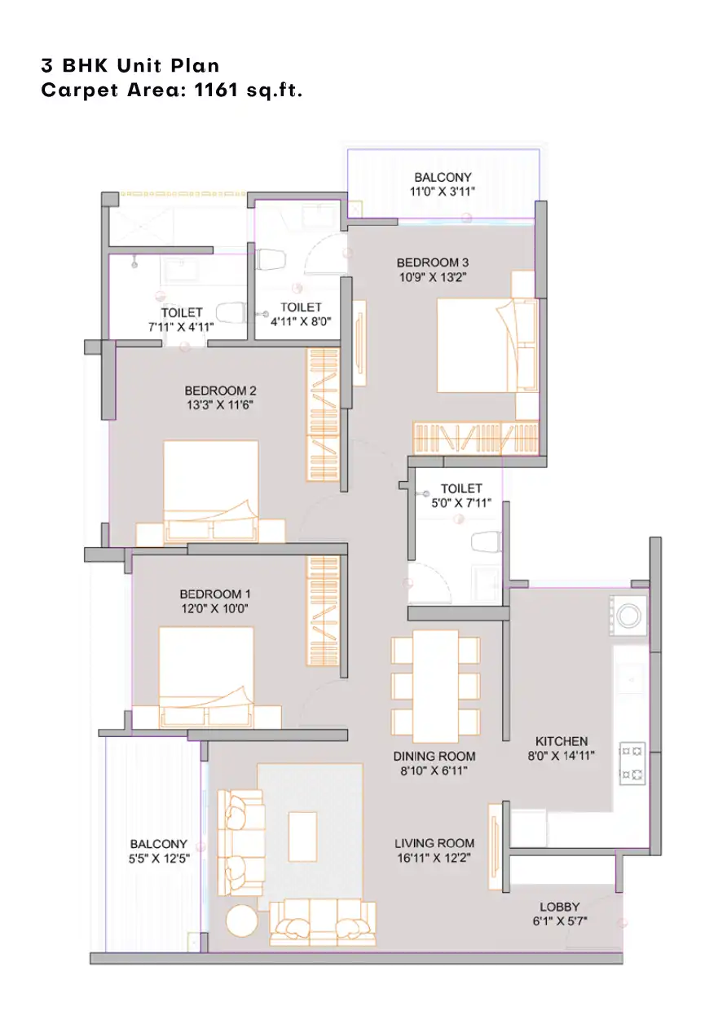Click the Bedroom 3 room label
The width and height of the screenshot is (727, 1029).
(x=432, y=263)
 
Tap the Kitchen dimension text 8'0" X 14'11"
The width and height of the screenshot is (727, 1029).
(x=561, y=756)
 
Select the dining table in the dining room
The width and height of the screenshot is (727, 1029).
(x=435, y=687)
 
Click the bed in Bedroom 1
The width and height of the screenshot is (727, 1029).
(x=205, y=678)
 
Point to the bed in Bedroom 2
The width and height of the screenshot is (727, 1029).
(x=211, y=492)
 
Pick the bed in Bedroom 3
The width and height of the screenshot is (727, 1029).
(x=487, y=346)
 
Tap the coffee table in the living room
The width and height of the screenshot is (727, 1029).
(x=302, y=837)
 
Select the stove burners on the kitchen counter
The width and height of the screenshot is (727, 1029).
(x=632, y=763)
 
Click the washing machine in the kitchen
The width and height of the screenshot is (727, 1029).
(x=628, y=616)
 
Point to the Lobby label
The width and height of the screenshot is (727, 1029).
(x=559, y=907)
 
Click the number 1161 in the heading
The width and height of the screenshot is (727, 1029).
(x=216, y=90)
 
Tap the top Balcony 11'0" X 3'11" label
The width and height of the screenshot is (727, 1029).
(x=443, y=184)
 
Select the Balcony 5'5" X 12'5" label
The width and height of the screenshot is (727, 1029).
(x=159, y=851)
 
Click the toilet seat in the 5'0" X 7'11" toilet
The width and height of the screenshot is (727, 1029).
(x=487, y=542)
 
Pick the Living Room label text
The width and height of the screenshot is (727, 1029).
(x=434, y=843)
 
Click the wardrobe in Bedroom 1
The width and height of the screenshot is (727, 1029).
(x=323, y=611)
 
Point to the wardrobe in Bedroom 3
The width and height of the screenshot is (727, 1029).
(x=475, y=438)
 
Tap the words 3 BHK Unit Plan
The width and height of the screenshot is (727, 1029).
(x=130, y=66)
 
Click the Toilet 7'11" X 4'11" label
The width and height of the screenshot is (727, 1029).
(x=182, y=320)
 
